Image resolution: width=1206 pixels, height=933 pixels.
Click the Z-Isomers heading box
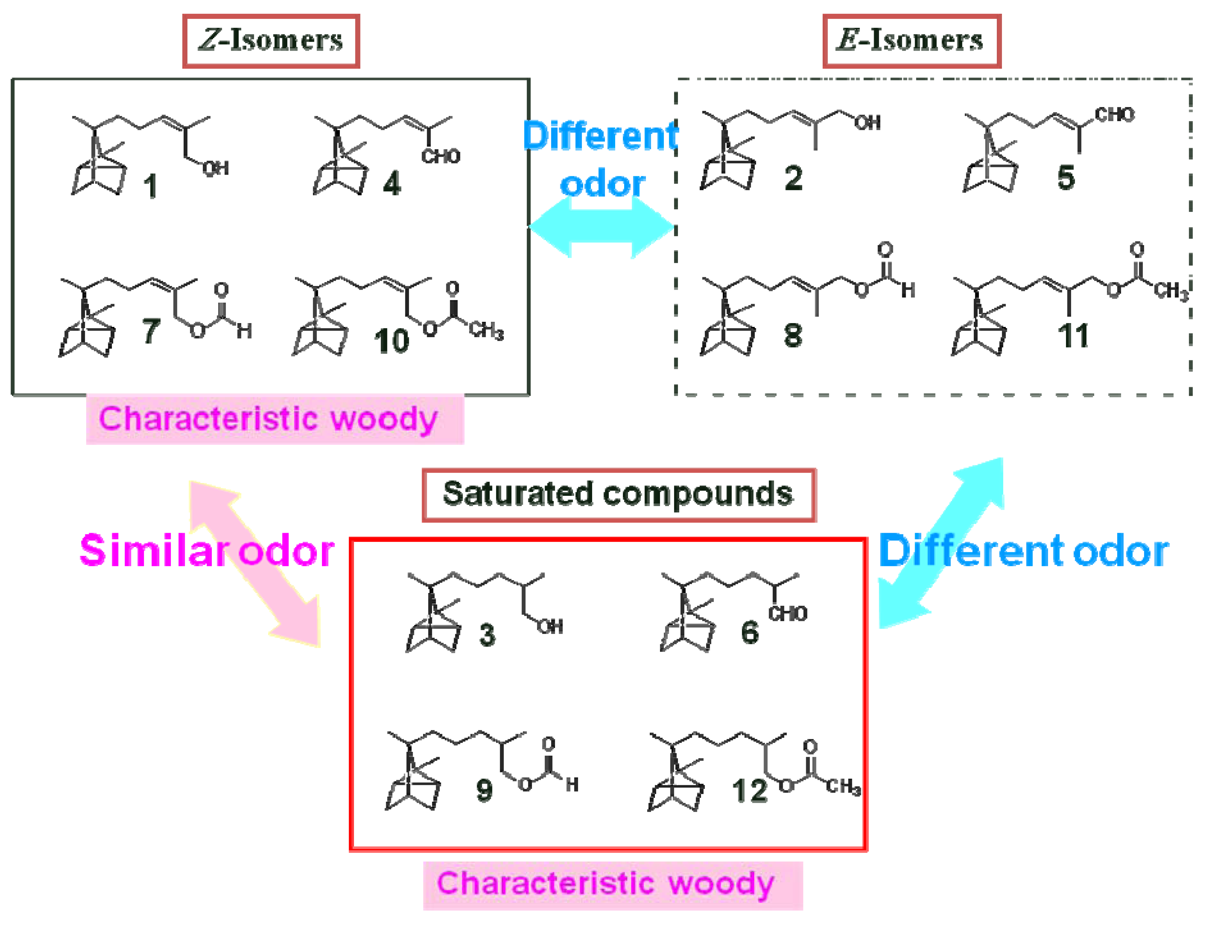coord(271,41)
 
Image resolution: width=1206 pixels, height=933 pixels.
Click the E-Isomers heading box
coord(911,41)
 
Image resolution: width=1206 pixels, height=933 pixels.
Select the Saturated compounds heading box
coord(618,495)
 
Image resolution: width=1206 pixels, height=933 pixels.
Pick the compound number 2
coord(794,179)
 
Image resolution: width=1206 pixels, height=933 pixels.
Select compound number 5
coord(1066,178)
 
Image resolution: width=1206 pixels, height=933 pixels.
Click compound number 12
coord(749,791)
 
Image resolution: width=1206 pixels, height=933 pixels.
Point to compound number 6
coord(749,632)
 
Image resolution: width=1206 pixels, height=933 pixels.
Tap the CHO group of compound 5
coord(1114,115)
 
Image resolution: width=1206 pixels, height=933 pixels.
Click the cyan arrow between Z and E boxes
coord(602,227)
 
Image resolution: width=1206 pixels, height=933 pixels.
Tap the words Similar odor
coord(207,551)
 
